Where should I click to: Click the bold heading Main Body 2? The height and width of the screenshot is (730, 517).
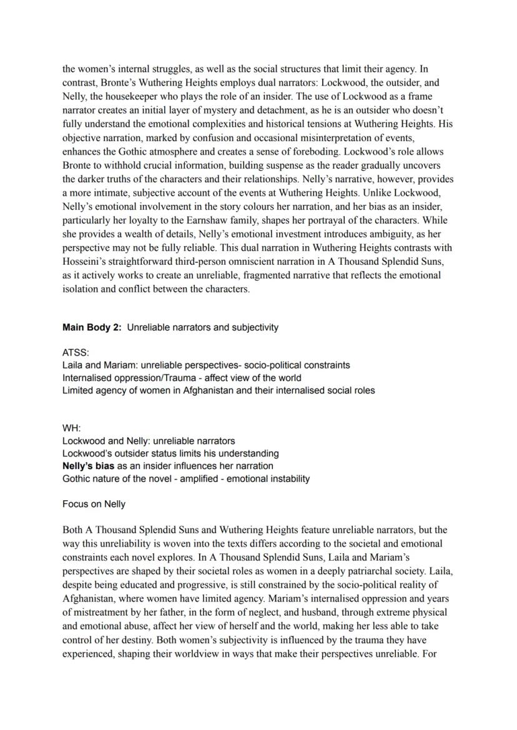click(92, 327)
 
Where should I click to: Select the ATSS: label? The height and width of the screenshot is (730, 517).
click(76, 353)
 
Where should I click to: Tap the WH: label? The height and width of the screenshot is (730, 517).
click(72, 428)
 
